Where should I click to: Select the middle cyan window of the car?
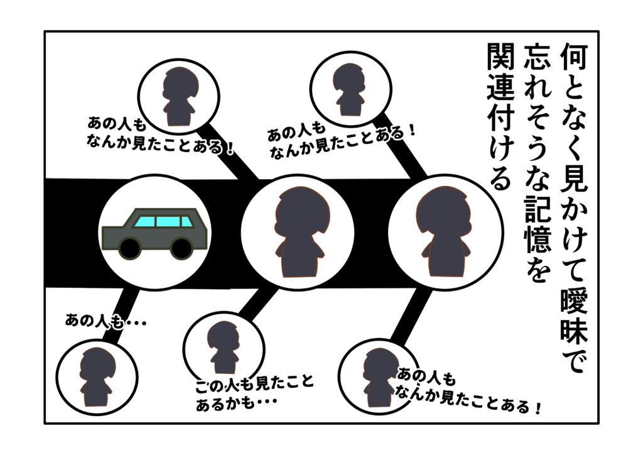pyautogui.click(x=167, y=221)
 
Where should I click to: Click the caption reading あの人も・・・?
pyautogui.click(x=105, y=321)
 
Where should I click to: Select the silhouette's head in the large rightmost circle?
pyautogui.click(x=444, y=207)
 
